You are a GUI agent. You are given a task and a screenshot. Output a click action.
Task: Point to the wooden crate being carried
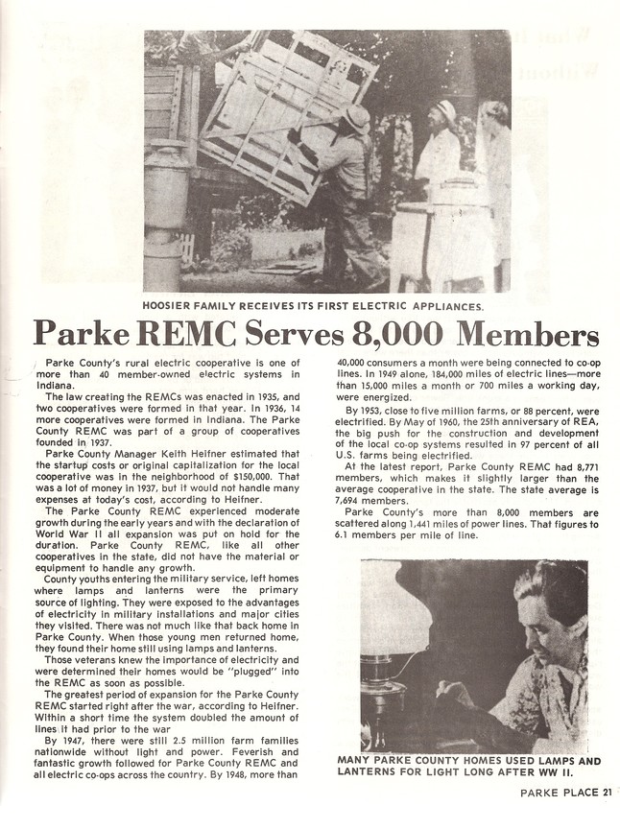[x=288, y=106]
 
